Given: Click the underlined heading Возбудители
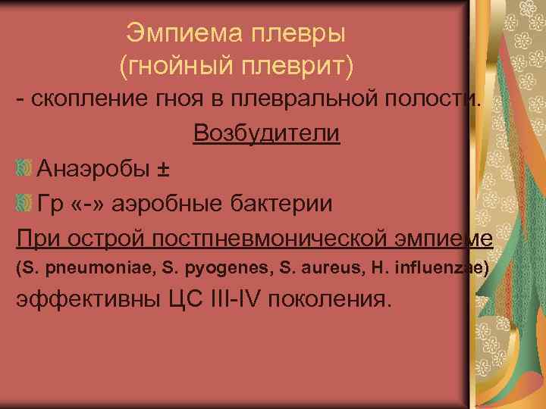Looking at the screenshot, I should (266, 134).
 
